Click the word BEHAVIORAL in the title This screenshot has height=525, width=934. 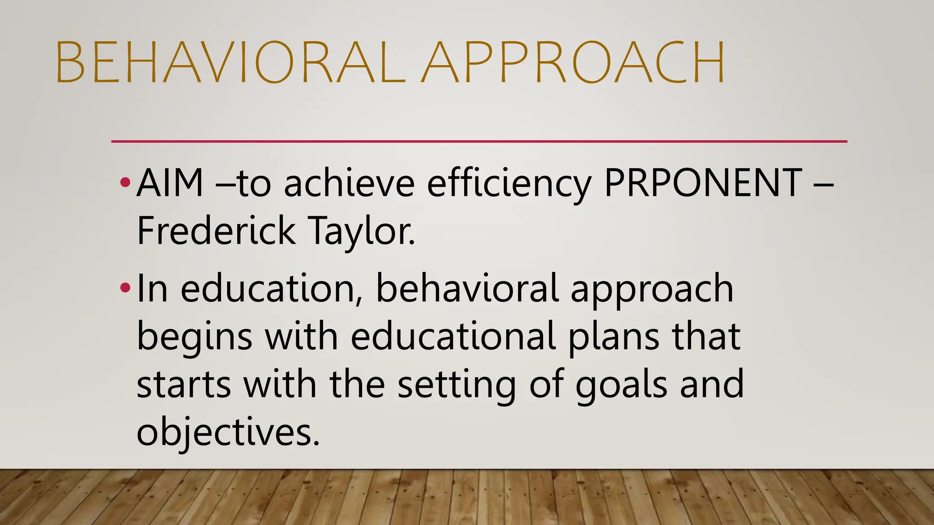tap(230, 62)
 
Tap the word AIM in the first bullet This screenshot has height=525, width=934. tap(170, 183)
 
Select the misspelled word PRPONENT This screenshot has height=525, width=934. tap(702, 183)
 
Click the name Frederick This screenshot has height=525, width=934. tap(216, 231)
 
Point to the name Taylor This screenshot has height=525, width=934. tap(362, 231)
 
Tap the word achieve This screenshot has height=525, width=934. tap(349, 183)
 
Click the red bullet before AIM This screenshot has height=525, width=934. tap(125, 183)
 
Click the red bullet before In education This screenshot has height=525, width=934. tap(125, 288)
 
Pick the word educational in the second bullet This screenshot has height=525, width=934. tap(453, 336)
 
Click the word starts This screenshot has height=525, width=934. tap(184, 385)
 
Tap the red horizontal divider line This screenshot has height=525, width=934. tap(479, 142)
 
